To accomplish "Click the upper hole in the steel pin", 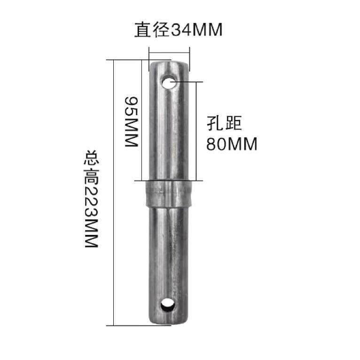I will coord(169,83).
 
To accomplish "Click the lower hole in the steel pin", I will coord(167,306).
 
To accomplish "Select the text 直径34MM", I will coord(178,31).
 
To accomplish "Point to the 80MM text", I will coord(232,144).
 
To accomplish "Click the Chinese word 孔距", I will coord(224,124).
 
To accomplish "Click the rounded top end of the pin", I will coord(169,63).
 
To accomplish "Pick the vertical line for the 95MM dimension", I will coord(141,120).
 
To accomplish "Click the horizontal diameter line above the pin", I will coord(169,52).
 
